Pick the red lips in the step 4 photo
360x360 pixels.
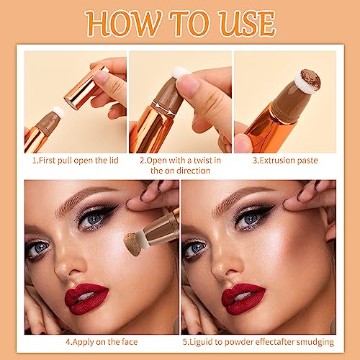(86, 297)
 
